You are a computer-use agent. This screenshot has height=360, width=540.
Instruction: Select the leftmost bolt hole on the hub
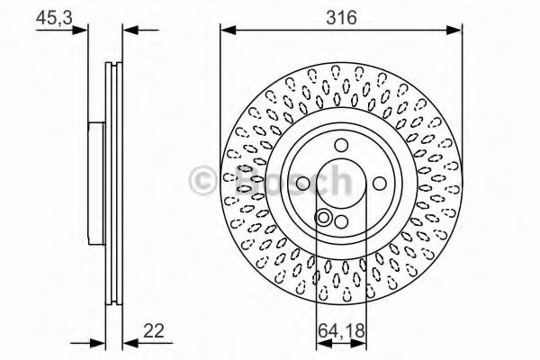pyautogui.click(x=303, y=184)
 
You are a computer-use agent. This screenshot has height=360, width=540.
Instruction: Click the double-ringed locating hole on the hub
pyautogui.click(x=322, y=216)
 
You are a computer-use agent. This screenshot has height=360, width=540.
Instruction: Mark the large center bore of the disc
pyautogui.click(x=339, y=184)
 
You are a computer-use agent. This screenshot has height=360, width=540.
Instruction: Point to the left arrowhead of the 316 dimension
pyautogui.click(x=225, y=31)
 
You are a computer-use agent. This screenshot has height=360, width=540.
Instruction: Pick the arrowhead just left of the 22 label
pyautogui.click(x=127, y=341)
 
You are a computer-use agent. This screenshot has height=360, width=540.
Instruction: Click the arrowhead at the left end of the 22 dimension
pyautogui.click(x=100, y=341)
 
